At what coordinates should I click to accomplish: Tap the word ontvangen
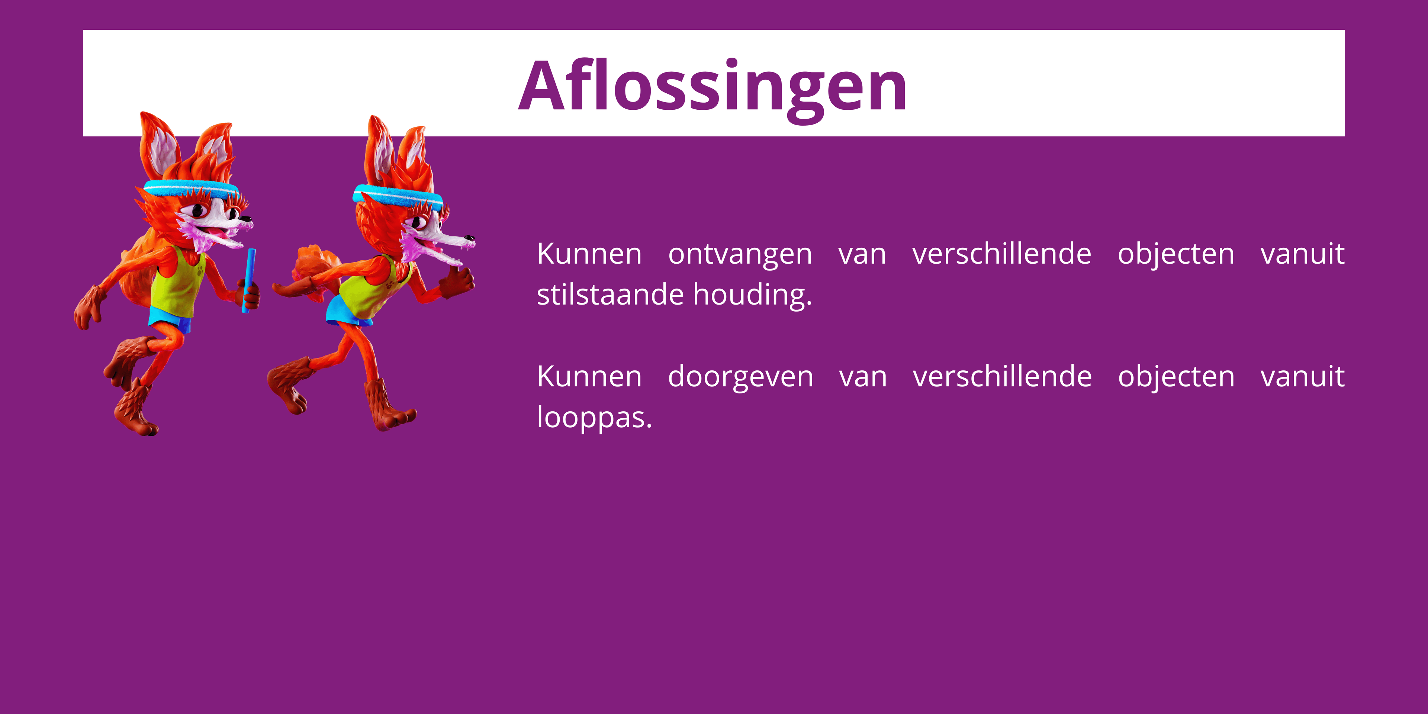(x=740, y=254)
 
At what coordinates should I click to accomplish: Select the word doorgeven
(x=741, y=377)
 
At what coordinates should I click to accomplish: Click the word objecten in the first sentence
(x=1176, y=254)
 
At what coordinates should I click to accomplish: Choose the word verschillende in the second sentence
(x=1002, y=377)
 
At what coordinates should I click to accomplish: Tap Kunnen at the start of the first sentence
(x=589, y=254)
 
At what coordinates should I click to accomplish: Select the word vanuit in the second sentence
(x=1302, y=377)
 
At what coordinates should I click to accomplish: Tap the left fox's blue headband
(x=191, y=189)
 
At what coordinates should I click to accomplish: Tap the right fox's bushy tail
(x=316, y=263)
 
